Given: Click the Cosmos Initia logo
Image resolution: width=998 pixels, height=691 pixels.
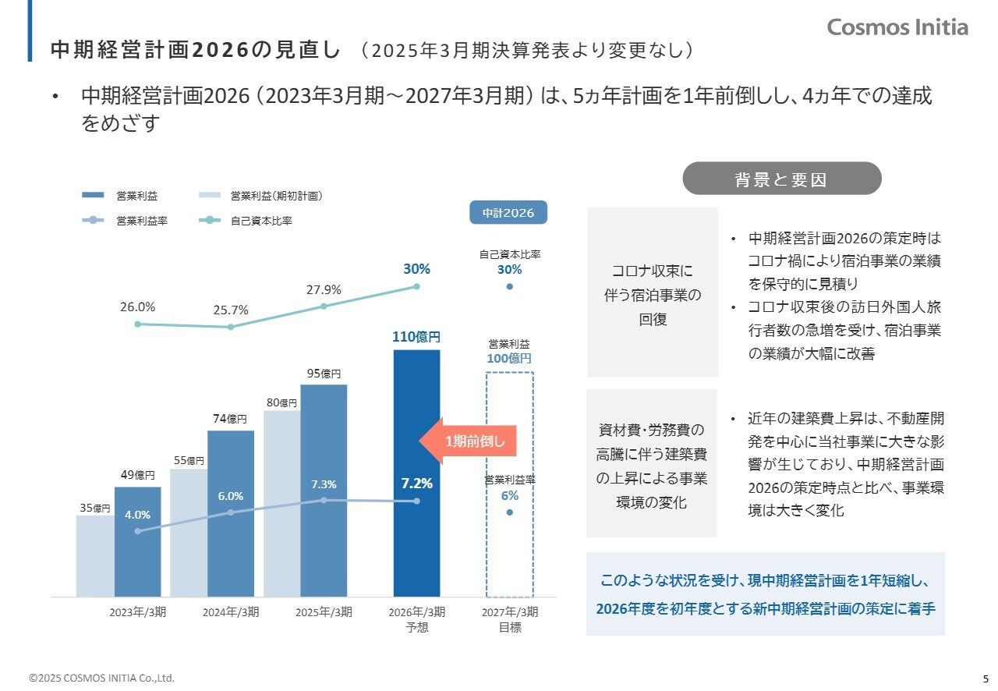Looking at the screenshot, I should point(897,27).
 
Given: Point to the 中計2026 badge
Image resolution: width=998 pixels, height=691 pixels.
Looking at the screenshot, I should point(508,212).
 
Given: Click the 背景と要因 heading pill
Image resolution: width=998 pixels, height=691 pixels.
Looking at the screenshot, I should point(781,179).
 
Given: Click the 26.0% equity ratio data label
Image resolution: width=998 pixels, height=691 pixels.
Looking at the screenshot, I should point(137,307).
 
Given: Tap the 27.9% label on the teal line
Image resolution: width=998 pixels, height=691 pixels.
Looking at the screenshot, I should point(324,289).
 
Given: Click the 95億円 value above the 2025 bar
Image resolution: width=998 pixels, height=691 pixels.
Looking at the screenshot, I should point(324,374).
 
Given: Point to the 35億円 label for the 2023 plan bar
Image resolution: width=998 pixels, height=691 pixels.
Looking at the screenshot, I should point(95,509).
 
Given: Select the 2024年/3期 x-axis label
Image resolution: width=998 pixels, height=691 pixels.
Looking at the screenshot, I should point(231,611).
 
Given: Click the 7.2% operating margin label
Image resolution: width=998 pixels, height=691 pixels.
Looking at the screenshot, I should point(416,484).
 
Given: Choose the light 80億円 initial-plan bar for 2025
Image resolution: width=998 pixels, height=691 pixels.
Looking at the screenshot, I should point(281,499).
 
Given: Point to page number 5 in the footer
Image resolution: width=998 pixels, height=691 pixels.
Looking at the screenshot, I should point(985,678).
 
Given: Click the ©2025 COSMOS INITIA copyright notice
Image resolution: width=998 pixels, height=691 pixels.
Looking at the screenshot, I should point(101,678).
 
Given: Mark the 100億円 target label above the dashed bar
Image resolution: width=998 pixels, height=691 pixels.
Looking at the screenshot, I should point(509,359).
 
